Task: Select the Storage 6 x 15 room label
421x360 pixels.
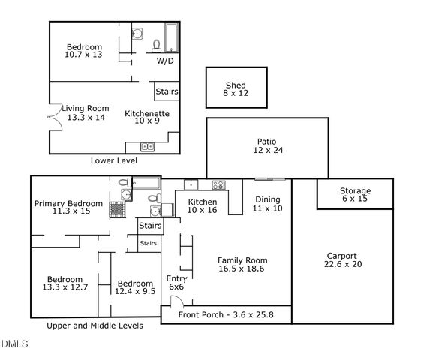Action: click(x=355, y=195)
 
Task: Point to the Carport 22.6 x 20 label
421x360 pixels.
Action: click(x=341, y=259)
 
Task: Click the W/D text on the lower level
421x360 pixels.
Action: click(x=165, y=61)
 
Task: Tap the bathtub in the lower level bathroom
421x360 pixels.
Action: click(x=172, y=37)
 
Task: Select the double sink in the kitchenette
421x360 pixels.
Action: click(x=147, y=146)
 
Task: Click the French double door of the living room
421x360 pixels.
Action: click(x=51, y=117)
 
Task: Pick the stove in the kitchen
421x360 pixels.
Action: click(x=218, y=185)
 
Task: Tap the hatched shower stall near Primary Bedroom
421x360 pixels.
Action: click(x=117, y=209)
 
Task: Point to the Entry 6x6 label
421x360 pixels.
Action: click(x=176, y=282)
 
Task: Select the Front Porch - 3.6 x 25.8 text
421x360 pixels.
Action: click(x=227, y=315)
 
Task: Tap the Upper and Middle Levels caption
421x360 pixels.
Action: click(x=95, y=325)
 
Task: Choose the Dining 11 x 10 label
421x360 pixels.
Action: click(x=267, y=204)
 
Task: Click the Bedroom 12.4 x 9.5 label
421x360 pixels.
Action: click(x=136, y=287)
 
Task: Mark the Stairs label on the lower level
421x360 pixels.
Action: click(x=167, y=91)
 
